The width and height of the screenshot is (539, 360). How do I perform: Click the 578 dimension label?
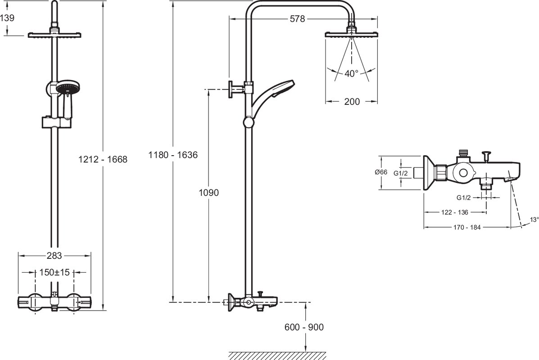click(297, 19)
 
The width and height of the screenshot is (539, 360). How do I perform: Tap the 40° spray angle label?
click(351, 73)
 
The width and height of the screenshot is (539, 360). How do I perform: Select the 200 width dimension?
click(352, 101)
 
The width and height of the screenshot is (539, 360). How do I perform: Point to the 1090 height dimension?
click(208, 193)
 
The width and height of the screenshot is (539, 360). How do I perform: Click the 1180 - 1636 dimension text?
click(173, 155)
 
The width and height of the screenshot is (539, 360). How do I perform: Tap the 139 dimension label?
click(7, 18)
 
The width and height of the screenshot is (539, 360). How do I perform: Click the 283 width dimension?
click(54, 256)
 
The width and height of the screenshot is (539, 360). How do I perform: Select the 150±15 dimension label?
click(54, 272)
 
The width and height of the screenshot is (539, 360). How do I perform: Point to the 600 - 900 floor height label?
click(304, 327)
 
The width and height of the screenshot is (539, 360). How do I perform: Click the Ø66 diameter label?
click(381, 172)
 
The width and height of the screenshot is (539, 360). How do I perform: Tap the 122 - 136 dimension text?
click(454, 212)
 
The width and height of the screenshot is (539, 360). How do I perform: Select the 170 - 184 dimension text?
click(467, 227)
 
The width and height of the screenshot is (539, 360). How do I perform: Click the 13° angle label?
click(534, 220)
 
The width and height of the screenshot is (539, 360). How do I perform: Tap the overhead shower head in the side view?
click(351, 34)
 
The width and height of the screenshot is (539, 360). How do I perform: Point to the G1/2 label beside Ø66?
click(400, 173)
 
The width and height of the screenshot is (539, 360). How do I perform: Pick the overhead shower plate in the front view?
click(54, 35)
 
